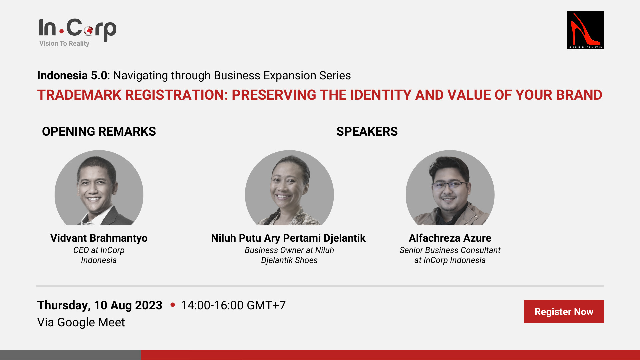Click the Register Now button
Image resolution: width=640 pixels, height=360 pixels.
[564, 312]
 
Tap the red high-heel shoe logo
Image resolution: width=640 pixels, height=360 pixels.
[585, 30]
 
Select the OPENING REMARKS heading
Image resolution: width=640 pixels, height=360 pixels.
[99, 131]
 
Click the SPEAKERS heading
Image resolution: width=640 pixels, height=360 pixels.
[367, 131]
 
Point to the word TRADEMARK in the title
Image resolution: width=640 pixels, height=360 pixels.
[79, 95]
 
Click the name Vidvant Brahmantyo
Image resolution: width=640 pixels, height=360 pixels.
[99, 238]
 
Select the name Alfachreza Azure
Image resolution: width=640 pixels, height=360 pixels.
[450, 238]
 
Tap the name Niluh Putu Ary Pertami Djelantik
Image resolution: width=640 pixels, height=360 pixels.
[288, 238]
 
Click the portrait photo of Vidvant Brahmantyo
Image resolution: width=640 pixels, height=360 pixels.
[99, 188]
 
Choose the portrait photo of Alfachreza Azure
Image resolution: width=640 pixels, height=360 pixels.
[450, 188]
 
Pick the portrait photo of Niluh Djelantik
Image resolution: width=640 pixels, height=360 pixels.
[289, 188]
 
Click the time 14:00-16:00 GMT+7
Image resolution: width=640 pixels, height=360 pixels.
[233, 305]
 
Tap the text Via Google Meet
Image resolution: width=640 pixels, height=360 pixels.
[81, 322]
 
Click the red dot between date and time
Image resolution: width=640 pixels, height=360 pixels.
[173, 304]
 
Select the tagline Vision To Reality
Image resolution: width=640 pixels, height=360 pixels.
[64, 43]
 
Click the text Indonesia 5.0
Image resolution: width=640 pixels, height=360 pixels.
[72, 75]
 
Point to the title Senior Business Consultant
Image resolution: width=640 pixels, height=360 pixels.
[450, 250]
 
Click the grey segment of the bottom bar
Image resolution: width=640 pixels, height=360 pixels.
[70, 355]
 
